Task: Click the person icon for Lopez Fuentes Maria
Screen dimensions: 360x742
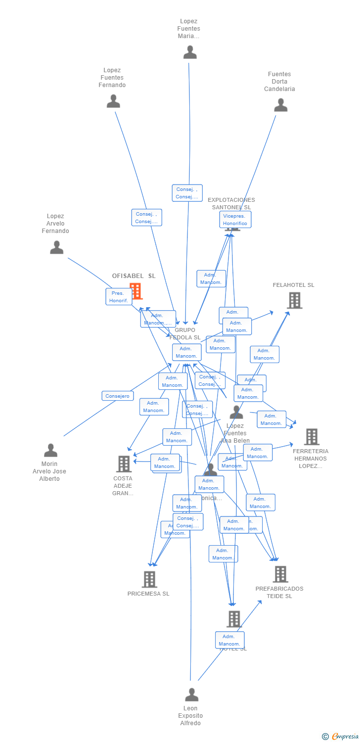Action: (190, 52)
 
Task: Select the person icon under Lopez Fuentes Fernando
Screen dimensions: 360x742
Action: (113, 101)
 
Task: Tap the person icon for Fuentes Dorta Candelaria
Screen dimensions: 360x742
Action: (281, 105)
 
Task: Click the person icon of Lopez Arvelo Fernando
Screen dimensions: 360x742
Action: (57, 247)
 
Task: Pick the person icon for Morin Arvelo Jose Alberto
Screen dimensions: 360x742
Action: (50, 451)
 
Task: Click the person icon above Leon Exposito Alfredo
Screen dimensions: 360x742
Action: (191, 695)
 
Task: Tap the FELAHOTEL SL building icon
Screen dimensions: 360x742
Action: (294, 300)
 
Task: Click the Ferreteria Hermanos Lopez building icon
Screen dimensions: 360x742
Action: (312, 437)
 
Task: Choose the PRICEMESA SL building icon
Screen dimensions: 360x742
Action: (149, 579)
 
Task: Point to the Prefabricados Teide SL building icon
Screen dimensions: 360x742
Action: (280, 574)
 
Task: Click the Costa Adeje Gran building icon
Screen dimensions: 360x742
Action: (124, 464)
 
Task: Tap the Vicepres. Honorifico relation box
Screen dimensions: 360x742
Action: (235, 220)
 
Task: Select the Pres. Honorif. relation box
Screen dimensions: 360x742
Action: (119, 297)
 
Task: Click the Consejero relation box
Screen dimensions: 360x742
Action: (118, 396)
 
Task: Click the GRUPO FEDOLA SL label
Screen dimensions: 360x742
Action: (185, 334)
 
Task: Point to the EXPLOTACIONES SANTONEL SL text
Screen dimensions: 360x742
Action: (231, 203)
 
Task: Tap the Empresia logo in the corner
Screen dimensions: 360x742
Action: (340, 737)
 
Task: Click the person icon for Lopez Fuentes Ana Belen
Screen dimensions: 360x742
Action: (236, 412)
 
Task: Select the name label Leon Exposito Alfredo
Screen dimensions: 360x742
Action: (190, 716)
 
